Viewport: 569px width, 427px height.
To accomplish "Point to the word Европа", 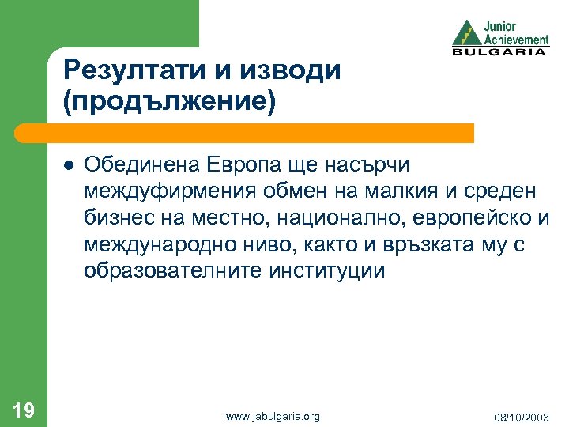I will [248, 164].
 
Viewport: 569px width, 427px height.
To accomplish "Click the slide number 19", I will [24, 409].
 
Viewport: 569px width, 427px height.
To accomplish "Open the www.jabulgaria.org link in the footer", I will [273, 415].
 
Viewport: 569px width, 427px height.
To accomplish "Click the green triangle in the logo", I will [466, 33].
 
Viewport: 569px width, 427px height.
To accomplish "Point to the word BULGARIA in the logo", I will [499, 51].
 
